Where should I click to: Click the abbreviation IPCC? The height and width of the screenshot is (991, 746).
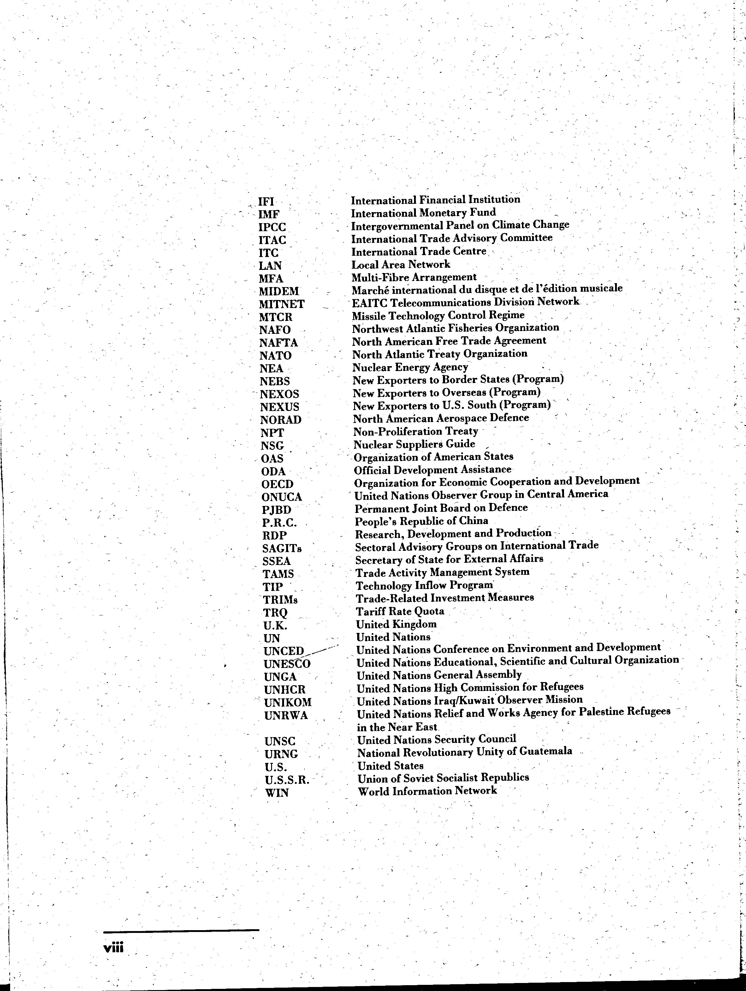tap(272, 227)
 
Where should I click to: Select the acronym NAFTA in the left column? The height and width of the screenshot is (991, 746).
tap(278, 343)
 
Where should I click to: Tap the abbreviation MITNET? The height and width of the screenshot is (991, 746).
tap(281, 304)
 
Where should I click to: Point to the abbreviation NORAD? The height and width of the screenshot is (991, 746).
tap(280, 420)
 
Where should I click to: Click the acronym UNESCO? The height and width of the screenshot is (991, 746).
tap(287, 664)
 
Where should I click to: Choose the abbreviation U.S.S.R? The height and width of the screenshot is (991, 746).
tap(287, 780)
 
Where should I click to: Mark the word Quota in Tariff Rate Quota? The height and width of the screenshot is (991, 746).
tap(429, 611)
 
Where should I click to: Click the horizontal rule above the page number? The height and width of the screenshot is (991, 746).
tap(181, 930)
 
